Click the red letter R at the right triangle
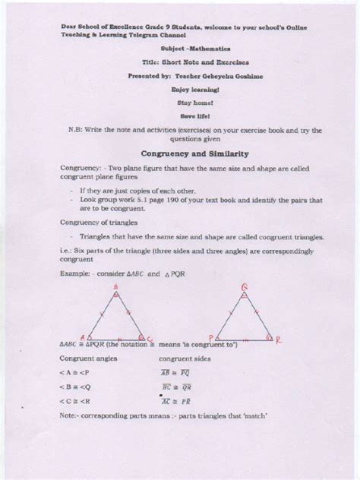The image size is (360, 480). [x=278, y=340]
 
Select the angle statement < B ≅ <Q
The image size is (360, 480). [x=77, y=386]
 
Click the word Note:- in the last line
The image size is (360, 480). [x=71, y=418]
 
